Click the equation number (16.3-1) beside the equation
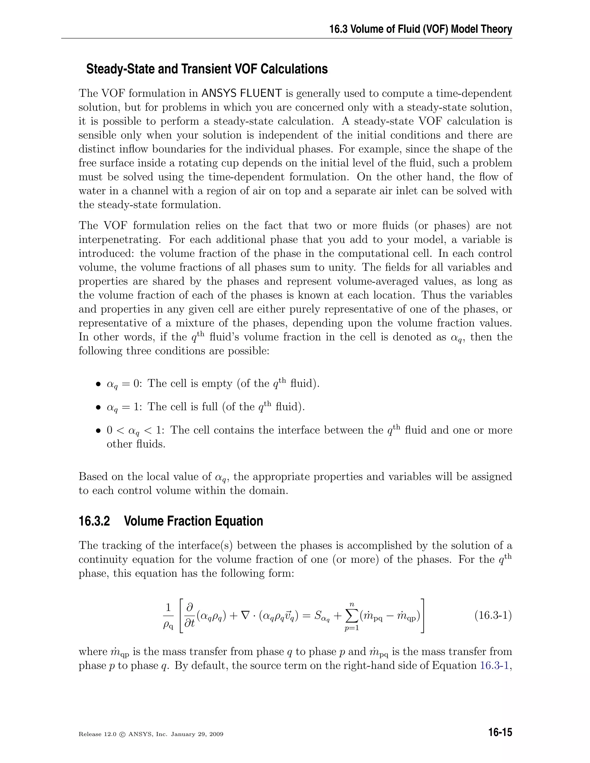pos(493,615)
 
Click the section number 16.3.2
pos(94,521)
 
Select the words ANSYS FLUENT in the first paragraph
pos(242,93)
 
